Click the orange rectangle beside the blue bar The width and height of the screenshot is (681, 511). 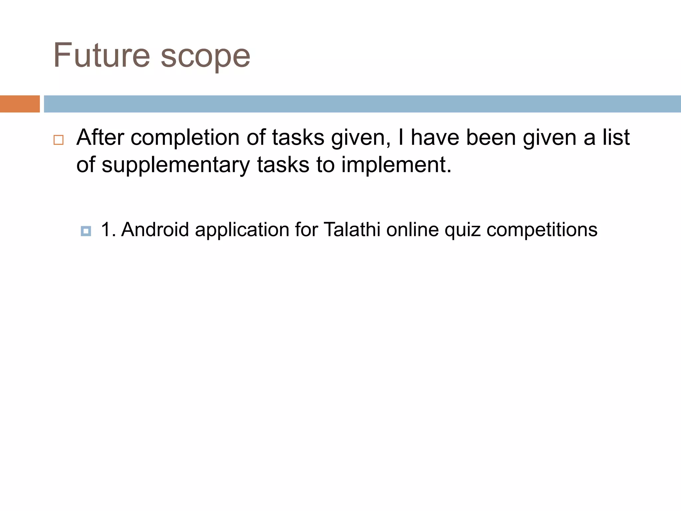pyautogui.click(x=20, y=104)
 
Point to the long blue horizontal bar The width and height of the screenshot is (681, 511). pyautogui.click(x=362, y=104)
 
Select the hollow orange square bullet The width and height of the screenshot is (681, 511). pyautogui.click(x=59, y=140)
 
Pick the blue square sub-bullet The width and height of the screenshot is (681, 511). pyautogui.click(x=86, y=231)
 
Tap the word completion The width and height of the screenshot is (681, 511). pyautogui.click(x=185, y=138)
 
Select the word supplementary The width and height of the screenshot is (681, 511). pyautogui.click(x=176, y=165)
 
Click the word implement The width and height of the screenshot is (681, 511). pyautogui.click(x=396, y=165)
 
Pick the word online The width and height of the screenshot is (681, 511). pyautogui.click(x=412, y=230)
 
